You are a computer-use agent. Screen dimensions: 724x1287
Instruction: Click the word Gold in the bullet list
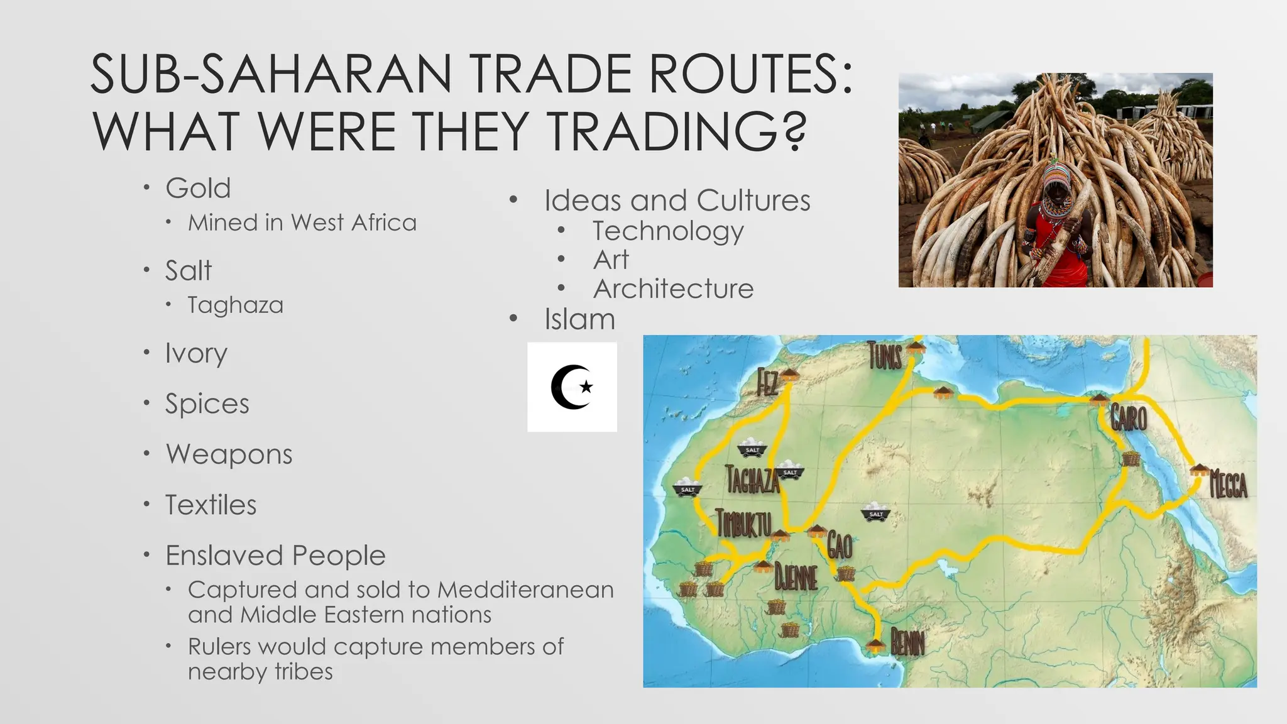pos(198,188)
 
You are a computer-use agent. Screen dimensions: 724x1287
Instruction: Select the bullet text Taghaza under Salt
pos(235,305)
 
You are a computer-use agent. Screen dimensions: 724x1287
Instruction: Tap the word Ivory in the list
pos(196,353)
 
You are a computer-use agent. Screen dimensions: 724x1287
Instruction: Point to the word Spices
pos(207,403)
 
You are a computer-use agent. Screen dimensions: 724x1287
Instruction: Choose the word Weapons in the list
pos(229,454)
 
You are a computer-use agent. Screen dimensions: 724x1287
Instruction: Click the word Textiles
pos(211,505)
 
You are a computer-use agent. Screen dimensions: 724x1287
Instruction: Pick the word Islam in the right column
pos(579,319)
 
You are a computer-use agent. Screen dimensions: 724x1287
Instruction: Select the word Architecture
pos(673,289)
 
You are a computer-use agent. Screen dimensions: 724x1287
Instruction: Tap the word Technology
pos(668,231)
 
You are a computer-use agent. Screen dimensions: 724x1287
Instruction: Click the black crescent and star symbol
pos(572,387)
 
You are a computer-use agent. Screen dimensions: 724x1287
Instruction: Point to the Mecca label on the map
pos(1229,485)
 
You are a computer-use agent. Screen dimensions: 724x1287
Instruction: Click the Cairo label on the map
pos(1129,418)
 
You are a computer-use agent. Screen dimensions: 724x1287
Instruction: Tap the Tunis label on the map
pos(885,356)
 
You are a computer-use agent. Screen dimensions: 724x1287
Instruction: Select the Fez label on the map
pos(767,383)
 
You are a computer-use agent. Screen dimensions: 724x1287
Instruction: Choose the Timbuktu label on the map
pos(743,523)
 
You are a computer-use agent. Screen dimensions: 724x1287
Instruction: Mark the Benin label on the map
pos(907,642)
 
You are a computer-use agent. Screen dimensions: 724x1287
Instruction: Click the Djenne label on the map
pos(796,577)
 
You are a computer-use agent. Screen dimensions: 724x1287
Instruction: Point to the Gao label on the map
pos(840,546)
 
